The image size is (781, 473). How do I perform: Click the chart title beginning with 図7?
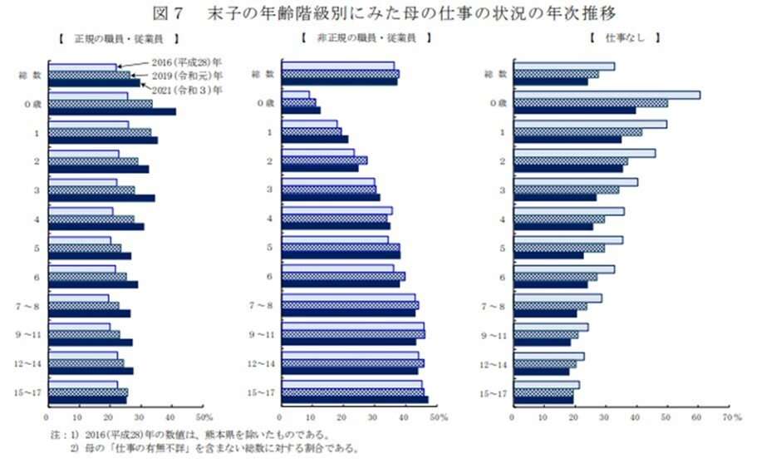pos(390,13)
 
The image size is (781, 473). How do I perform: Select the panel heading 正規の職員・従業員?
pos(119,38)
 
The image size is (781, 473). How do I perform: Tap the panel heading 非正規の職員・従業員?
pos(366,38)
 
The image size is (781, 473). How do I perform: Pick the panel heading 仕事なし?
pos(623,38)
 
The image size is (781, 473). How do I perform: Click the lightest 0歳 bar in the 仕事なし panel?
pos(607,95)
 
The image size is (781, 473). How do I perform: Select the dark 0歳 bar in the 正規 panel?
pos(112,111)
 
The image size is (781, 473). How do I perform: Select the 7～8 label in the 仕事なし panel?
pos(496,306)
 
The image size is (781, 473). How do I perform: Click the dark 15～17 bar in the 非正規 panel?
pos(355,400)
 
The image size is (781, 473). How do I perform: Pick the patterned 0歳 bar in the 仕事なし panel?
pos(591,103)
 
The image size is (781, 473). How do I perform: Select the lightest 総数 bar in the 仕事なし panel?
pos(564,67)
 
